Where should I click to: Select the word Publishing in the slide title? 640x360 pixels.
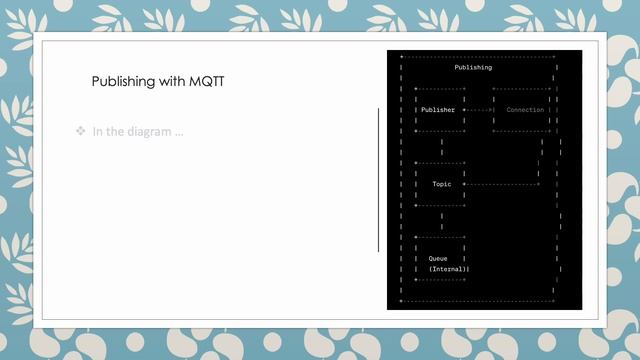click(x=123, y=82)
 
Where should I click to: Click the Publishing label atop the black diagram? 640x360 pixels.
click(x=473, y=67)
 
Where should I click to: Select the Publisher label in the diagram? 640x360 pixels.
click(x=438, y=110)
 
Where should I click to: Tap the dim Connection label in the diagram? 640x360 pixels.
click(x=525, y=110)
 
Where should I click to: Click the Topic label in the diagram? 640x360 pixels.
click(x=441, y=184)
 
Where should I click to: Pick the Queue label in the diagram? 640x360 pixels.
click(x=438, y=258)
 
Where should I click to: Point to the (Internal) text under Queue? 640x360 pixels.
click(x=449, y=269)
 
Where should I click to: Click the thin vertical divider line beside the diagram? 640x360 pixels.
click(x=378, y=180)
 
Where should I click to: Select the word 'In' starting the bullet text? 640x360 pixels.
click(x=98, y=132)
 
